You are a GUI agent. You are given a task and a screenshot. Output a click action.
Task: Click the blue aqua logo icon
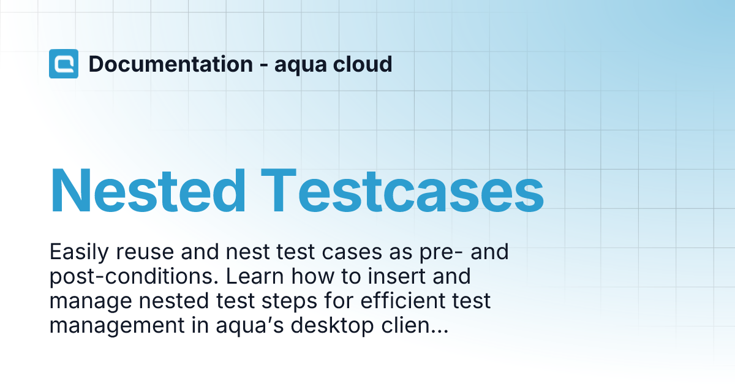click(64, 64)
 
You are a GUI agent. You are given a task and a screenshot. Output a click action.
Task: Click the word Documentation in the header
click(170, 64)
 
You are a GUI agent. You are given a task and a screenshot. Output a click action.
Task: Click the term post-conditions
click(134, 277)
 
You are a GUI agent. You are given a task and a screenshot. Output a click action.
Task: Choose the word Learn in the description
click(254, 276)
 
